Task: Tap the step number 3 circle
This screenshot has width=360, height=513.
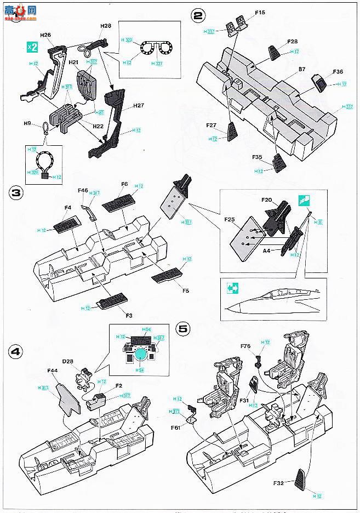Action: (x=17, y=195)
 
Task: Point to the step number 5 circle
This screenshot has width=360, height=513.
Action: (x=183, y=329)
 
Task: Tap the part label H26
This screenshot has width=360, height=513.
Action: (x=45, y=36)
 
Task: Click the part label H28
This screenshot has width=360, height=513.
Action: (x=106, y=25)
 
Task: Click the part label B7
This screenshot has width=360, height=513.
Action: (x=302, y=70)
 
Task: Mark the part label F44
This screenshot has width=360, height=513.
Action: (x=53, y=371)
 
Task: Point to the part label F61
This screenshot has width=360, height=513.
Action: (x=176, y=428)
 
